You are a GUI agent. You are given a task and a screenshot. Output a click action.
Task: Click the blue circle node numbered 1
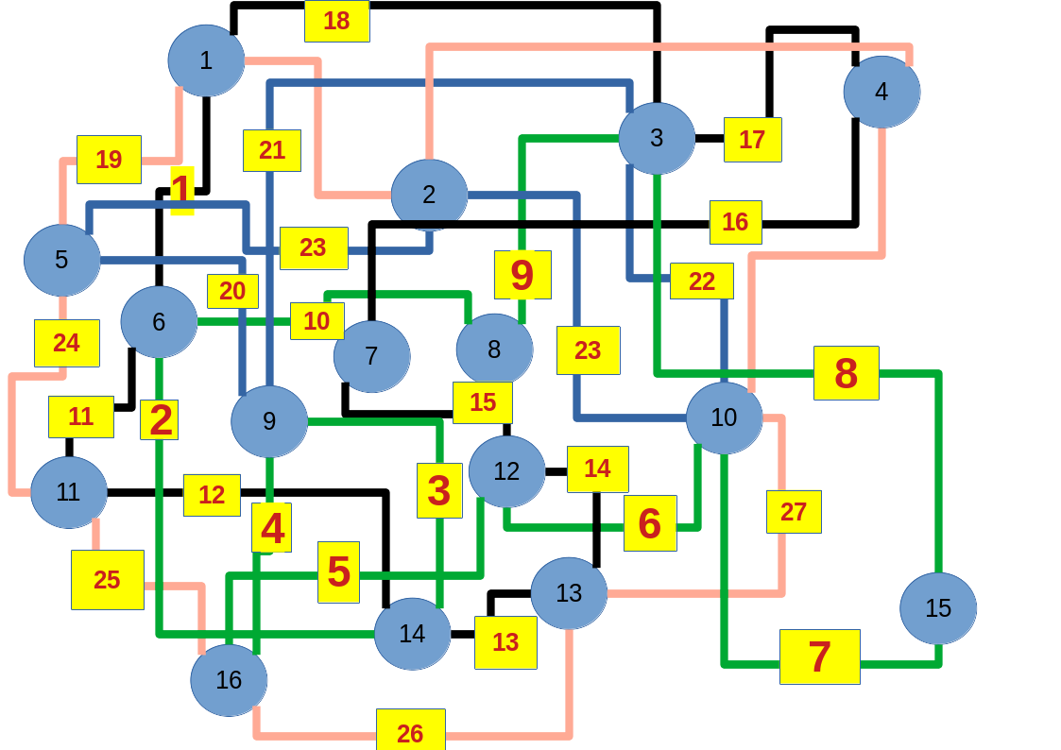pyautogui.click(x=206, y=60)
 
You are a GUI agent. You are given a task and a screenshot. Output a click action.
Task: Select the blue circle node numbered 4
pyautogui.click(x=881, y=92)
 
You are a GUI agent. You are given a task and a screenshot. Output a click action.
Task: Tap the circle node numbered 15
pyautogui.click(x=937, y=608)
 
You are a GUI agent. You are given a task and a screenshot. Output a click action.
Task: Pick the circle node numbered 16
pyautogui.click(x=229, y=680)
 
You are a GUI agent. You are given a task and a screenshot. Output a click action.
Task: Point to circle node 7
pyautogui.click(x=371, y=356)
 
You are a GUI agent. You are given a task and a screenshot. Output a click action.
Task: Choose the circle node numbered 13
pyautogui.click(x=569, y=593)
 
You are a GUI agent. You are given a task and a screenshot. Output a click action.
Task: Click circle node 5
pyautogui.click(x=61, y=260)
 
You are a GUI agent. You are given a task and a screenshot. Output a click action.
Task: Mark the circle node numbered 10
pyautogui.click(x=724, y=418)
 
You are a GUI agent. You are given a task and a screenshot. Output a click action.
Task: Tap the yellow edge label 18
pyautogui.click(x=336, y=21)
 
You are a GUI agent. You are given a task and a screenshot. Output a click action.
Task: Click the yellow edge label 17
pyautogui.click(x=752, y=140)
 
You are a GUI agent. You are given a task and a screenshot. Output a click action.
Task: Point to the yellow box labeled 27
pyautogui.click(x=794, y=512)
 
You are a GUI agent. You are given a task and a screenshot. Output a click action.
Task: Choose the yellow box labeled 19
pyautogui.click(x=109, y=160)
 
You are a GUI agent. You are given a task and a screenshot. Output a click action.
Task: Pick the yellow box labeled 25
pyautogui.click(x=107, y=580)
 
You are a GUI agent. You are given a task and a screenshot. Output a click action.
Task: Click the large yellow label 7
pyautogui.click(x=819, y=656)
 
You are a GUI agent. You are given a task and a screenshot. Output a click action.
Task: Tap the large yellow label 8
pyautogui.click(x=846, y=373)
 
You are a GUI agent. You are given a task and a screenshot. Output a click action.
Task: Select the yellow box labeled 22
pyautogui.click(x=701, y=281)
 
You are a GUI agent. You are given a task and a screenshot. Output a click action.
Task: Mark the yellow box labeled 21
pyautogui.click(x=271, y=150)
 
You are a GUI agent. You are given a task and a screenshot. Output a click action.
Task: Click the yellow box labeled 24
pyautogui.click(x=66, y=343)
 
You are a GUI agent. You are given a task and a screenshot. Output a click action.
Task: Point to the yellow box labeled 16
pyautogui.click(x=735, y=222)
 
